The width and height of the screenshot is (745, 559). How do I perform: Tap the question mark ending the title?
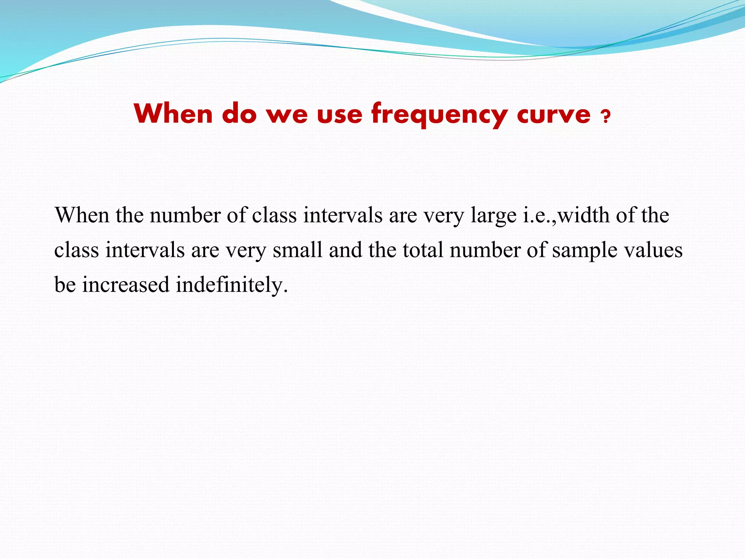tap(605, 117)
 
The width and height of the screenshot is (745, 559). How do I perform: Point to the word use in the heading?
tap(339, 114)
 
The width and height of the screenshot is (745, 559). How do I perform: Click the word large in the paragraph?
tap(493, 215)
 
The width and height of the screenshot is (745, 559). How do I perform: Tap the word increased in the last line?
tap(126, 285)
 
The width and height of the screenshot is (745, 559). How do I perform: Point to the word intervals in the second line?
tap(145, 250)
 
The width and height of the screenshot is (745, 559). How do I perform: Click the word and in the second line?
tap(345, 250)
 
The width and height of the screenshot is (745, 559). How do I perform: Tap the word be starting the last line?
tap(65, 285)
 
